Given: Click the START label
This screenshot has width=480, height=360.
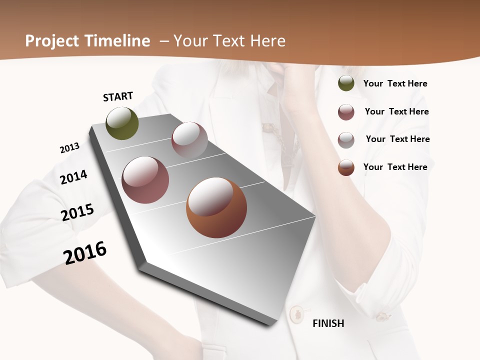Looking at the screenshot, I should tap(118, 96).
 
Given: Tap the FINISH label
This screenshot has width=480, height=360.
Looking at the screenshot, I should tap(328, 323).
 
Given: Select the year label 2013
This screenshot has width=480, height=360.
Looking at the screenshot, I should tap(69, 148).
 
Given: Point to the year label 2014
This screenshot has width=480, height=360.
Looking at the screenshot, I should tap(73, 177).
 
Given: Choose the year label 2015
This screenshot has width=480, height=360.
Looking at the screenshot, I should tap(77, 212).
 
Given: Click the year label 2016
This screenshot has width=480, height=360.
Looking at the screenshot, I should tap(85, 252).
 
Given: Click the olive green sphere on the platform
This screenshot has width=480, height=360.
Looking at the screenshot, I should tap(122, 123).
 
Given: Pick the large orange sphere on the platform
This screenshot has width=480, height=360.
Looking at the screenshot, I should tap(216, 207).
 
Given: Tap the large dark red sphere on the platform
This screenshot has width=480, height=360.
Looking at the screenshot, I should tap(145, 180).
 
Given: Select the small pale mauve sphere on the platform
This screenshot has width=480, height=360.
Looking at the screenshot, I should tap(189, 139).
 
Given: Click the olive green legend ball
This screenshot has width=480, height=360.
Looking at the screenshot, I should tap(346, 83).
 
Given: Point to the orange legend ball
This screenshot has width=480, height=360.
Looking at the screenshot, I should tap(346, 167).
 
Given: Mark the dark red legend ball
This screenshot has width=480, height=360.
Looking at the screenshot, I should tap(346, 111).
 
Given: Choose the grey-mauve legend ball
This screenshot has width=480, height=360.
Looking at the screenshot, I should tap(346, 139).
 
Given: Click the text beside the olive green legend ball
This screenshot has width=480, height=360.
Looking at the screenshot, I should tap(395, 83).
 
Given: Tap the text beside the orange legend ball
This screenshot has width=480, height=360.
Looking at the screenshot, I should tap(395, 167).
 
